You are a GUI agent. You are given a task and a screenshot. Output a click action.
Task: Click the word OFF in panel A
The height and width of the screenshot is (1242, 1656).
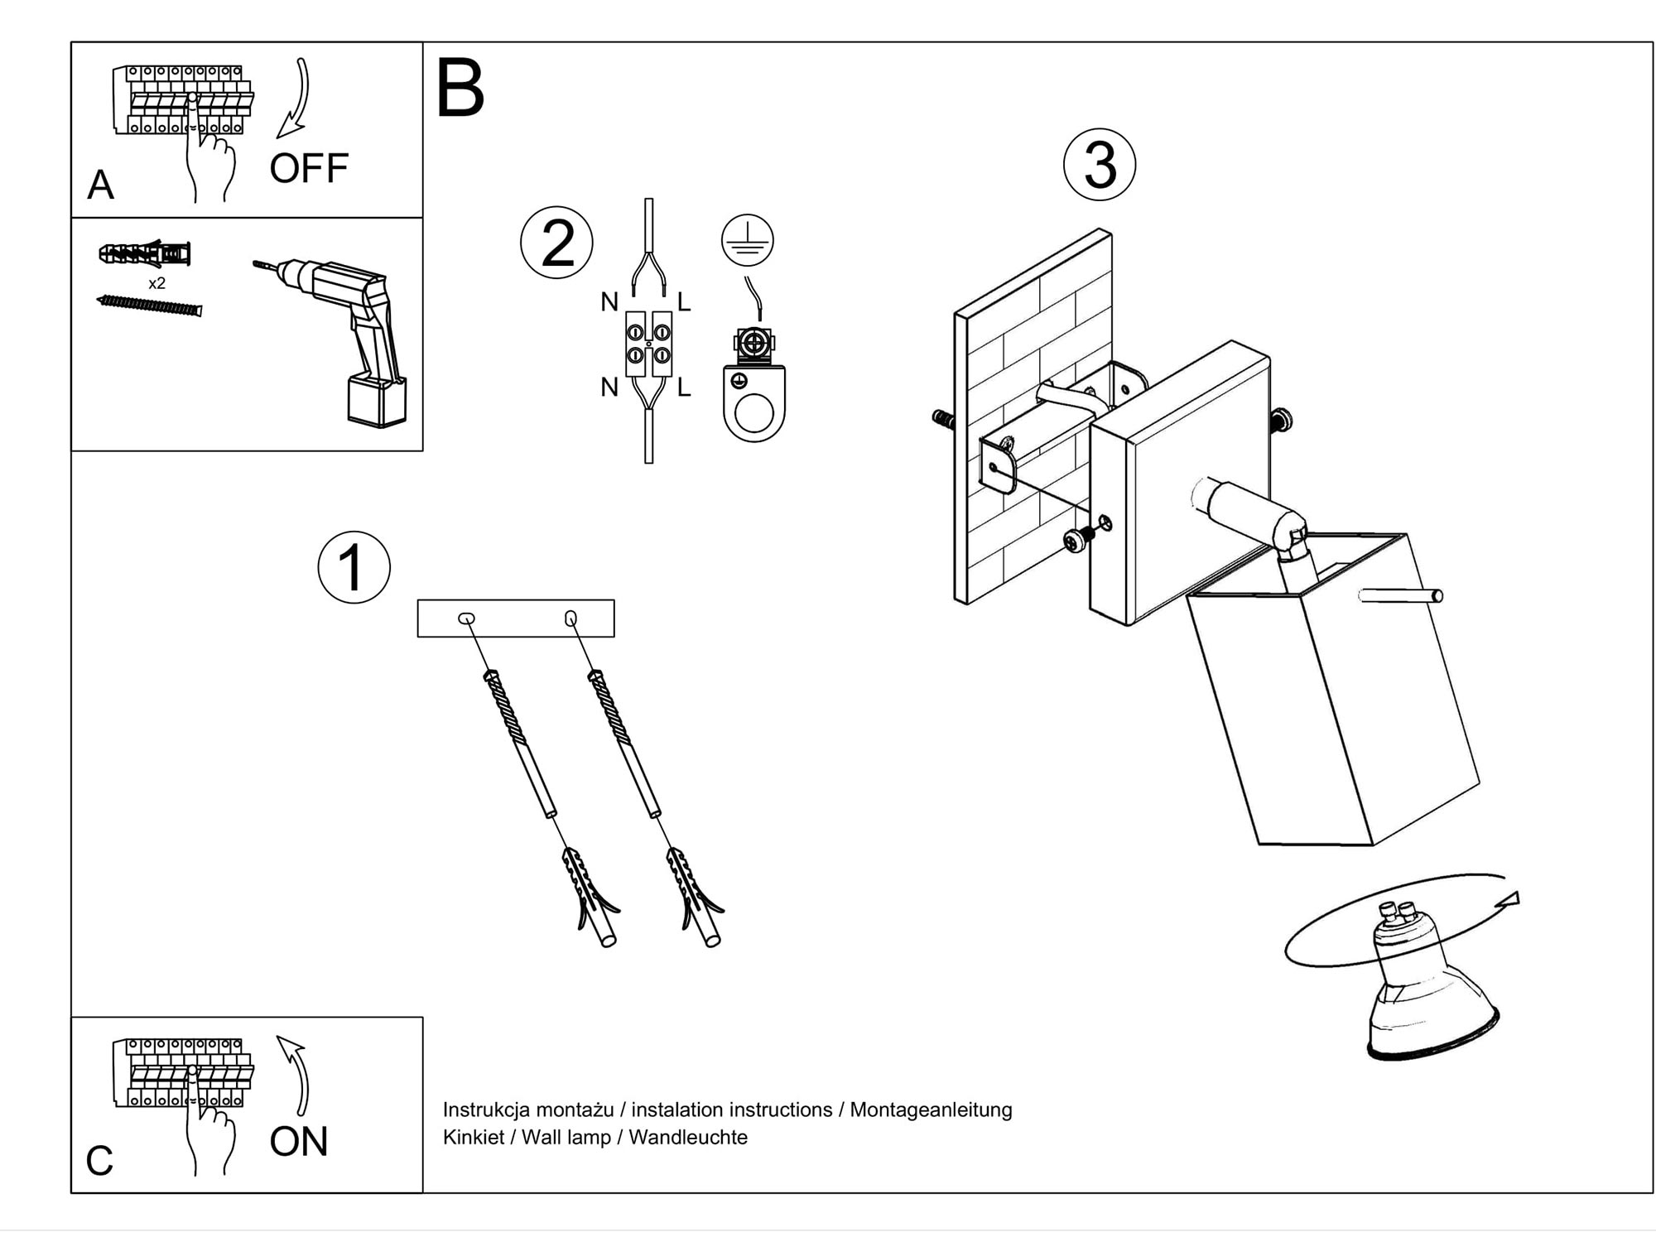click(309, 168)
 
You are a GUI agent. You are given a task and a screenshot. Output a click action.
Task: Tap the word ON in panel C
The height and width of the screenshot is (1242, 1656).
click(299, 1142)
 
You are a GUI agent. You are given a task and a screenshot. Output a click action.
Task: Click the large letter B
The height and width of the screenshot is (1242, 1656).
click(460, 89)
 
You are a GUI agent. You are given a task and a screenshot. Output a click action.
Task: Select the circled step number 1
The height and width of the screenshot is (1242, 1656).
click(354, 567)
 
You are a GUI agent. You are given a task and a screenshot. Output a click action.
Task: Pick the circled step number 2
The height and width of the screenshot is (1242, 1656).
click(556, 243)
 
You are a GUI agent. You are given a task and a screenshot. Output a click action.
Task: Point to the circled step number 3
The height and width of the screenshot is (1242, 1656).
click(1099, 165)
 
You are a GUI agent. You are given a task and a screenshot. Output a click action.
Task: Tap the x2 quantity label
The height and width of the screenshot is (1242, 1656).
click(156, 283)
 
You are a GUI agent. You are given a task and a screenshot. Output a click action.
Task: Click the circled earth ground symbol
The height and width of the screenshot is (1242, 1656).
click(747, 240)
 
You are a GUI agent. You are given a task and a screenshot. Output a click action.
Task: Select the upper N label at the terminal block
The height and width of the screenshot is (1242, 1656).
click(609, 303)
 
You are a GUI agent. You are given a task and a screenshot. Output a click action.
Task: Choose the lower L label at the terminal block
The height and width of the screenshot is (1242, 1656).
click(684, 388)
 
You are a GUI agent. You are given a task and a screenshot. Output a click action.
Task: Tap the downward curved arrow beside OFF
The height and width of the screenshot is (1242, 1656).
click(295, 99)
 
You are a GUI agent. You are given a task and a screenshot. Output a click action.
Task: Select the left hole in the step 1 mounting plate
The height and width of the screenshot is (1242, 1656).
click(466, 619)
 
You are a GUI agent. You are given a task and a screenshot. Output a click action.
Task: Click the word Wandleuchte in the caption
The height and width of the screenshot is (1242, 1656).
click(688, 1138)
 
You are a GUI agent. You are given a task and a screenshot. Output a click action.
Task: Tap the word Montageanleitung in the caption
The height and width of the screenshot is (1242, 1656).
click(931, 1110)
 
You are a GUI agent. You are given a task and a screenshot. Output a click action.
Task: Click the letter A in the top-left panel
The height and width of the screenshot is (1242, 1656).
click(100, 185)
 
